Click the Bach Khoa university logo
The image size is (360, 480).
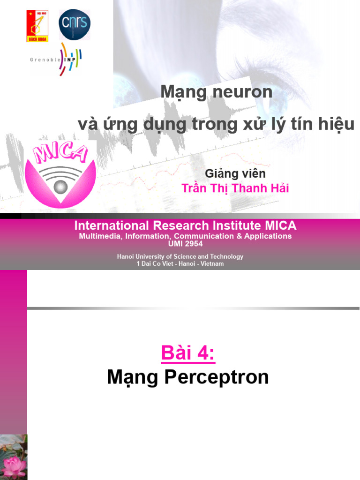point(37,26)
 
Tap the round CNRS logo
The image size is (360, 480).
point(75,24)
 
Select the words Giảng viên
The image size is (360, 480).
point(235,173)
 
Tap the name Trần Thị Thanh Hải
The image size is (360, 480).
point(235,188)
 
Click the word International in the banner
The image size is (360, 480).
point(112,225)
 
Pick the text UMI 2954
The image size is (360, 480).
point(185,244)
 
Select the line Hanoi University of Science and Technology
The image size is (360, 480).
point(180,256)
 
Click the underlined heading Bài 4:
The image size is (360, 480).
point(188,353)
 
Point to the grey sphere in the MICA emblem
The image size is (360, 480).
point(60,187)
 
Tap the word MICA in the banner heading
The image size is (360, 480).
point(280,225)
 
